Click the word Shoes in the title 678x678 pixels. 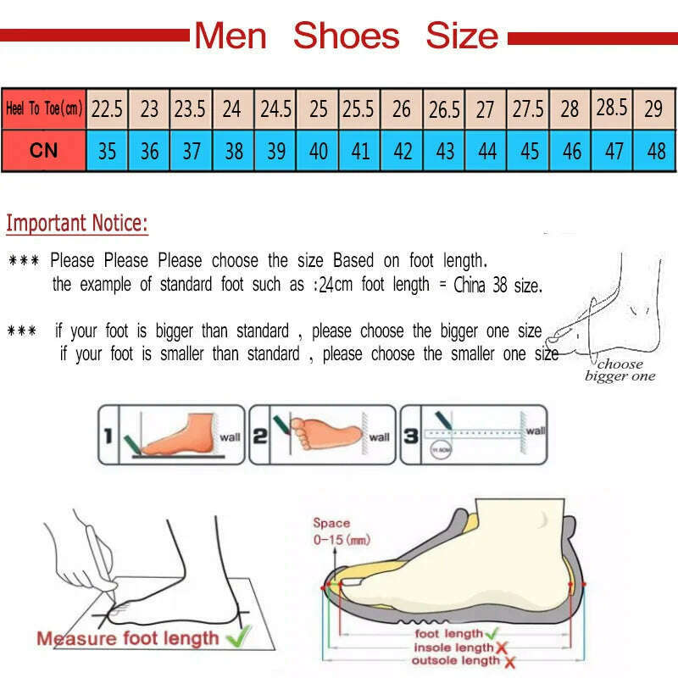coord(346,36)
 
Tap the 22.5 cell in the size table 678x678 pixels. coord(108,108)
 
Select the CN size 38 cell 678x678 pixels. coord(234,151)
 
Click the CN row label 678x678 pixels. coord(43,151)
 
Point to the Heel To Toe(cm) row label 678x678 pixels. coord(43,108)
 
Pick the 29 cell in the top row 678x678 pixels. coord(653,108)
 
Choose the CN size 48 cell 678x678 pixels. coord(655,151)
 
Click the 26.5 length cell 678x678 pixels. coord(444,108)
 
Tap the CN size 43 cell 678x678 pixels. coord(445,151)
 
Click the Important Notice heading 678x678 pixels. coord(77,224)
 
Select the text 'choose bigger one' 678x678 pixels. coord(620,370)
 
